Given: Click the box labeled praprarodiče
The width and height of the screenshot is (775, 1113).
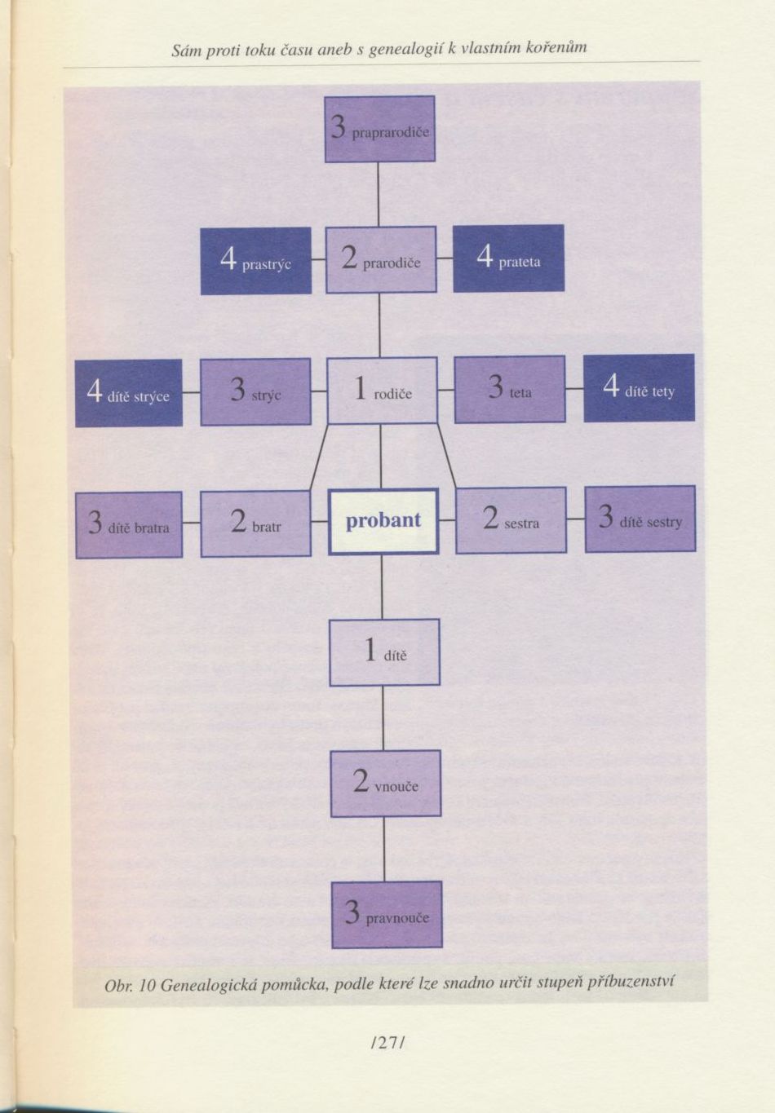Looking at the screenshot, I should (x=379, y=129).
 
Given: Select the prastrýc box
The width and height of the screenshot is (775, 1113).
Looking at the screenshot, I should (x=255, y=261).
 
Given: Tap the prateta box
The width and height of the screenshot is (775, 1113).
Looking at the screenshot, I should (x=508, y=258).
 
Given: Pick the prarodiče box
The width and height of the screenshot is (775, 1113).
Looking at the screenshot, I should (x=381, y=260).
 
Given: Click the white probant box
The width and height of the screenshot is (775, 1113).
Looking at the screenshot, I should (x=383, y=521).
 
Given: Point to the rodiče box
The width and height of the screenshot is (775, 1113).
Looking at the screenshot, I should (x=382, y=391).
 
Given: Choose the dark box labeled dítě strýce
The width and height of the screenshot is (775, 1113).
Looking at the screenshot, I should (x=129, y=393).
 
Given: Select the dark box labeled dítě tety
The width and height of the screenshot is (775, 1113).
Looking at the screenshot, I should (x=639, y=388).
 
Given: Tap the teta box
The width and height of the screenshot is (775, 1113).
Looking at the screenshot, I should (x=509, y=390).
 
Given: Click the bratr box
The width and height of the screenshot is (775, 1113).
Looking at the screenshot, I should (x=255, y=524).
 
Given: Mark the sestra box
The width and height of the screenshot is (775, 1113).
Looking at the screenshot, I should (x=511, y=520).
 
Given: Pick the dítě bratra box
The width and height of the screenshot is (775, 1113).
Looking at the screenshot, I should (x=129, y=525).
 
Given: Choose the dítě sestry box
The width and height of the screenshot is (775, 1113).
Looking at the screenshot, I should (x=640, y=519).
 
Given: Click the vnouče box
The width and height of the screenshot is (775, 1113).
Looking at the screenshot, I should (x=385, y=784).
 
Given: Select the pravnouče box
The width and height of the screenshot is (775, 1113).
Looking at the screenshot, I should (x=387, y=915).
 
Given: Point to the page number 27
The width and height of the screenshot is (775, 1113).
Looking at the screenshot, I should (x=387, y=1041).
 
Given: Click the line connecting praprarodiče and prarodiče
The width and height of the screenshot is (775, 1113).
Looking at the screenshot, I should (x=378, y=194).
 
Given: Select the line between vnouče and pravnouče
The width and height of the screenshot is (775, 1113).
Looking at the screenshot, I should (x=384, y=849).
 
